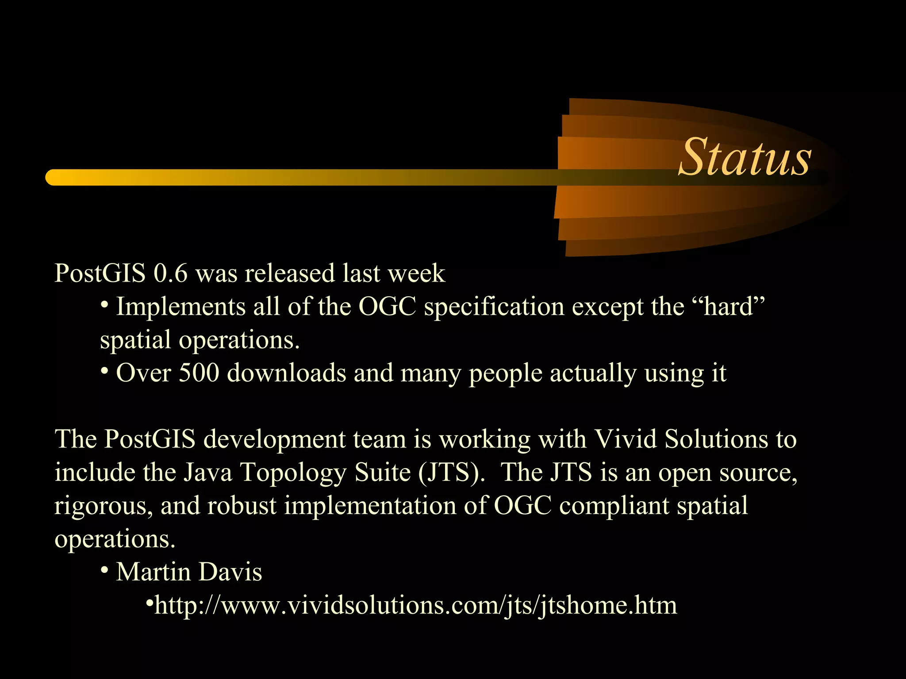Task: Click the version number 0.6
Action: pyautogui.click(x=170, y=273)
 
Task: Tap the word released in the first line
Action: pyautogui.click(x=289, y=273)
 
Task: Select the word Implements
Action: pyautogui.click(x=180, y=307)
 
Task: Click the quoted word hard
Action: pyautogui.click(x=729, y=307)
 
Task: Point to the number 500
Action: pyautogui.click(x=199, y=373)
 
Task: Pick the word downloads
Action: pyautogui.click(x=287, y=373)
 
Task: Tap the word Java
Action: pyautogui.click(x=207, y=473)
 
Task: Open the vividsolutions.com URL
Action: pyautogui.click(x=415, y=606)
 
